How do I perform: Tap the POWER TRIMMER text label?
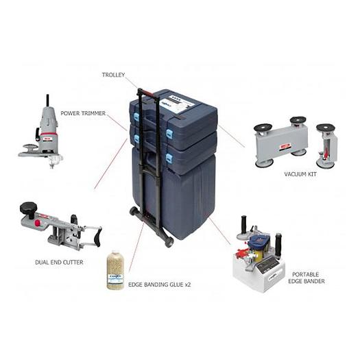tap(83, 113)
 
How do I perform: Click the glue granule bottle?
tap(115, 270)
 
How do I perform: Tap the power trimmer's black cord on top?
tap(47, 102)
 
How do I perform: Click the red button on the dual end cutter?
tap(43, 217)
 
